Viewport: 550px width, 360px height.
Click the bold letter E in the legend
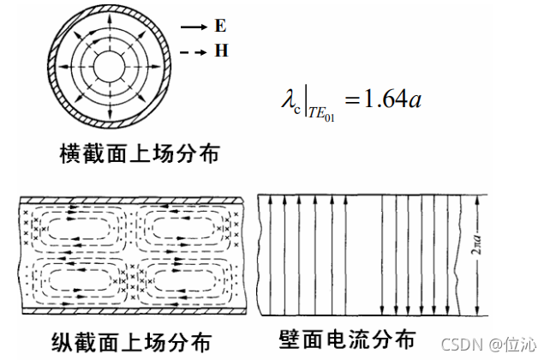click(x=220, y=27)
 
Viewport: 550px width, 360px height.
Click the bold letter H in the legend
click(x=221, y=51)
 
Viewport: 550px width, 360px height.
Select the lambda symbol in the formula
click(x=287, y=99)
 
